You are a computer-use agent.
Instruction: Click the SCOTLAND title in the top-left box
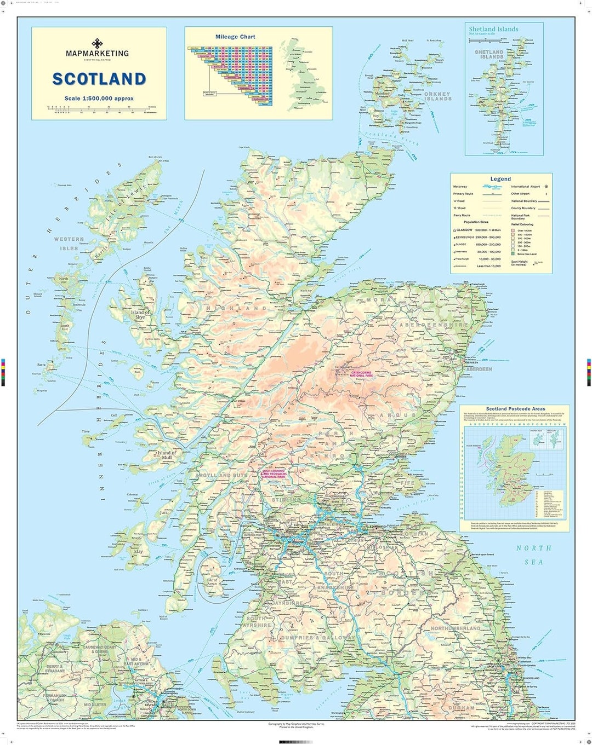tap(99, 79)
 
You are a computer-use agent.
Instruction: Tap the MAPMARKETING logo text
tap(97, 54)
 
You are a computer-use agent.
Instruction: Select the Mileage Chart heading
tap(235, 37)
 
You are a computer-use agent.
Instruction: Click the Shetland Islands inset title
tap(493, 29)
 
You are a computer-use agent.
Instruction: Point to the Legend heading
tap(500, 179)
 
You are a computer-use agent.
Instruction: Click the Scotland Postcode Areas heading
tap(515, 409)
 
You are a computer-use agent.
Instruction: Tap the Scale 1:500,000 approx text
tap(99, 99)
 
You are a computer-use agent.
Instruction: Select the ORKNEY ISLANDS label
tap(437, 96)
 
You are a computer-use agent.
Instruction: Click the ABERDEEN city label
tap(479, 369)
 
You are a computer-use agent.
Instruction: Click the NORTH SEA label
tap(533, 555)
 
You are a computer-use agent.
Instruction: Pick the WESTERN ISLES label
tap(69, 244)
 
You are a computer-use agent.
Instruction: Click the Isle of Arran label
tap(212, 582)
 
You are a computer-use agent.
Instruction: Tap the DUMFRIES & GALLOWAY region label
tap(317, 638)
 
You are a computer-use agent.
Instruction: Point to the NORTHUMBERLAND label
tap(455, 628)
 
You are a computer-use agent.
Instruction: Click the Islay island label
tap(138, 551)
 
